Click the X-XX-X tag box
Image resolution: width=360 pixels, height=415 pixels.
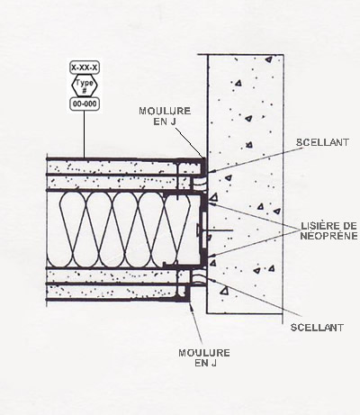85,68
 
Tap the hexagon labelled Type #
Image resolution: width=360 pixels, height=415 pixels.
85,86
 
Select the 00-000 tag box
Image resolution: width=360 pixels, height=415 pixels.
85,104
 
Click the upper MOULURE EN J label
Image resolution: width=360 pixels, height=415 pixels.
165,116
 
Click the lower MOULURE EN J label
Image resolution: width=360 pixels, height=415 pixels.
204,357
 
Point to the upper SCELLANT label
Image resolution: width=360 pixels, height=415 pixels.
323,142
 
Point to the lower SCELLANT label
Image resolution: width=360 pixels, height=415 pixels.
317,327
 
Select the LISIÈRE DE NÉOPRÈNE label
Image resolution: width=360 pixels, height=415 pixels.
329,230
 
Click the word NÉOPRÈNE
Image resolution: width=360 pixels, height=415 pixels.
329,236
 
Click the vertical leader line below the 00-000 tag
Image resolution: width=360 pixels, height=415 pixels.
84,134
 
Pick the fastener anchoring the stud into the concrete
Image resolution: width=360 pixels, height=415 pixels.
215,230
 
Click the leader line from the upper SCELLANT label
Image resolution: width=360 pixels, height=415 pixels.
252,159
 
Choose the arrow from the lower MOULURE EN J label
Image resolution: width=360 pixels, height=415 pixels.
195,322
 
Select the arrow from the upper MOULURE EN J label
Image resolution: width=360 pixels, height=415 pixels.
190,143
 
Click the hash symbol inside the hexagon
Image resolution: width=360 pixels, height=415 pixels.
85,90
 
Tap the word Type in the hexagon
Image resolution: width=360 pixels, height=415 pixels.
85,83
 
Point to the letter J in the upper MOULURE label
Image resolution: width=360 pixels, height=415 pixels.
174,122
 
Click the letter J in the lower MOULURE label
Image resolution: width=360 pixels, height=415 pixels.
213,363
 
